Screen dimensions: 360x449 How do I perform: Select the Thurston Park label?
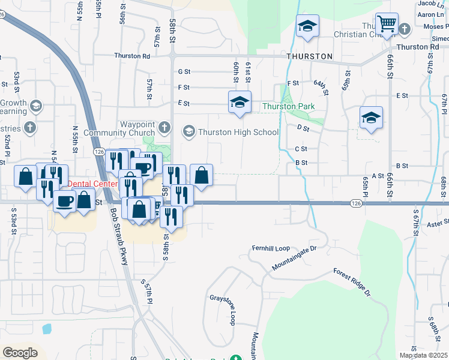(288, 107)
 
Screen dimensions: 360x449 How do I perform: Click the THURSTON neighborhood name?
(309, 56)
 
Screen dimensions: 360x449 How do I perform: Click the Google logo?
(20, 352)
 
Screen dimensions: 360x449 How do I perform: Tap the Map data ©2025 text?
(423, 355)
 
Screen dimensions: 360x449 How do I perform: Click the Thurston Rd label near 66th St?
(418, 47)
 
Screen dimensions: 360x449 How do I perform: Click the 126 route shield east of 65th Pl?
(356, 204)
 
